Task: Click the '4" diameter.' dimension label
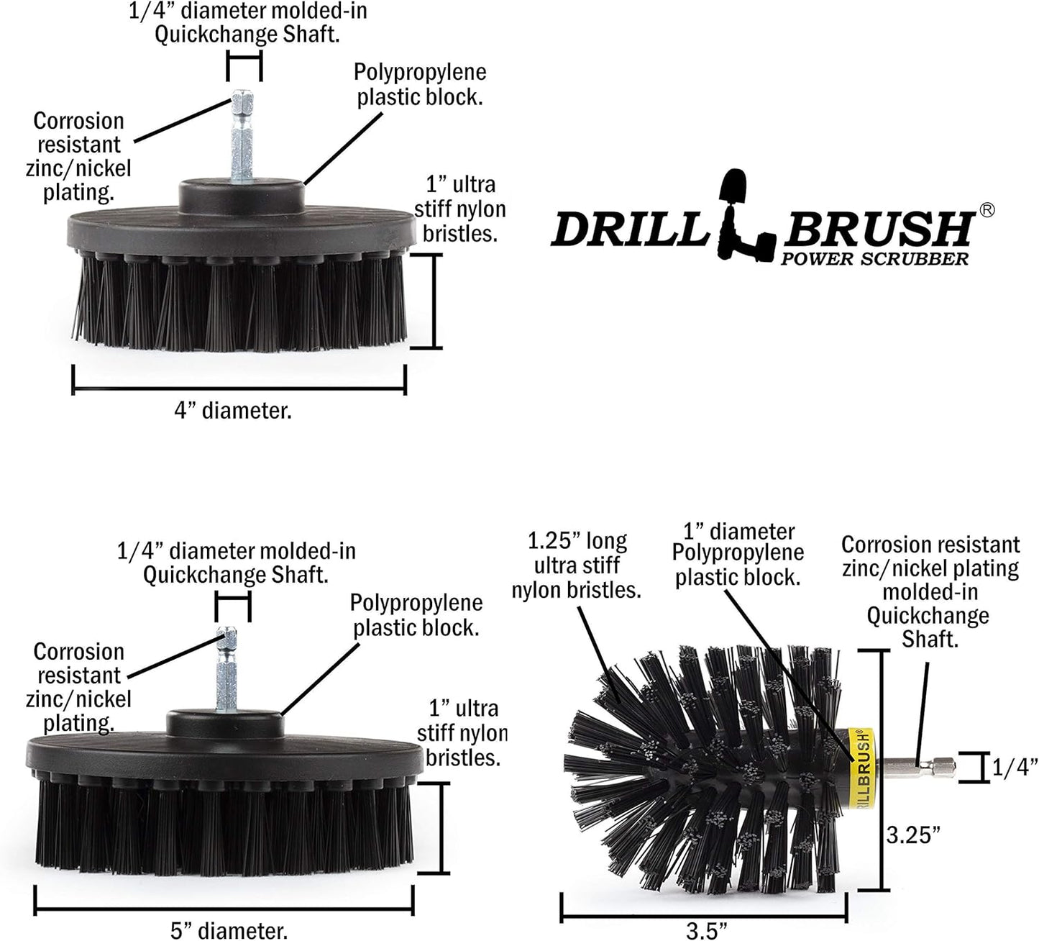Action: pyautogui.click(x=232, y=411)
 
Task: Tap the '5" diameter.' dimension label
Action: pyautogui.click(x=229, y=930)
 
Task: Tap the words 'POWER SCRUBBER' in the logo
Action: pyautogui.click(x=874, y=259)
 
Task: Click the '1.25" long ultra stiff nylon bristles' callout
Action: pyautogui.click(x=576, y=565)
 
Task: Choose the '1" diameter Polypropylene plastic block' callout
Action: pyautogui.click(x=738, y=555)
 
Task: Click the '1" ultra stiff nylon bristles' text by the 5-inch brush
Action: pyautogui.click(x=462, y=733)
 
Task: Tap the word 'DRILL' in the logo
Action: pyautogui.click(x=626, y=229)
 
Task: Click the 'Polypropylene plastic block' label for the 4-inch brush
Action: pyautogui.click(x=420, y=84)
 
